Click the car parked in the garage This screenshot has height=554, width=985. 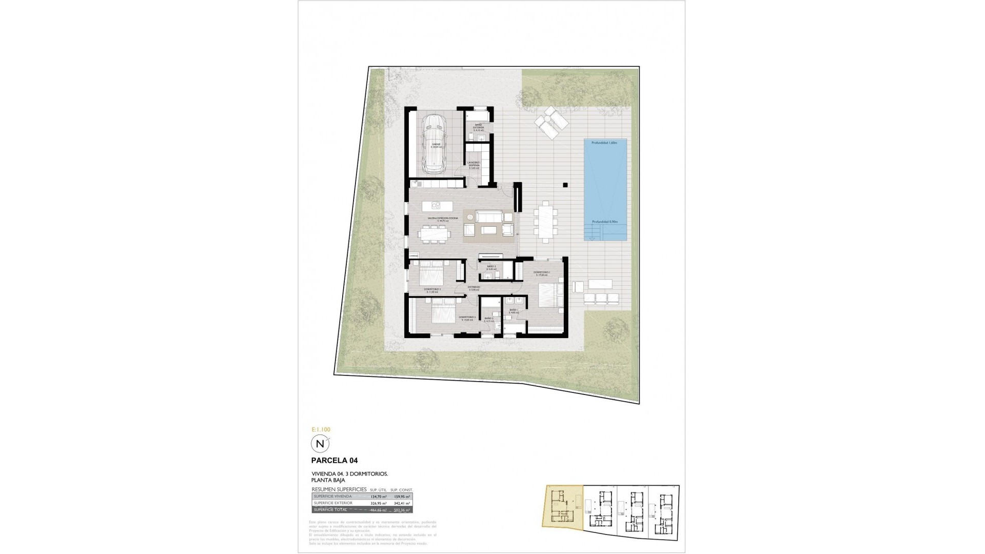tap(434, 145)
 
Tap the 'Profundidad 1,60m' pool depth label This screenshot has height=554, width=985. tap(605, 143)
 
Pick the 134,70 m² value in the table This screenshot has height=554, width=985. tap(378, 497)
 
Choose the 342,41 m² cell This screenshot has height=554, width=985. tap(403, 503)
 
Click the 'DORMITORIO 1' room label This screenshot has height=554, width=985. tap(542, 272)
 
